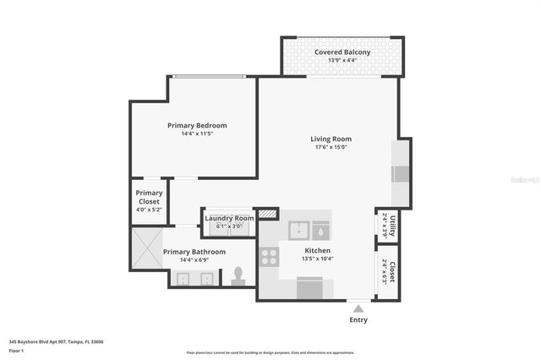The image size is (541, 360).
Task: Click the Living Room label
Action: point(331,139)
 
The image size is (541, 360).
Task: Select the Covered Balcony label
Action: point(342,52)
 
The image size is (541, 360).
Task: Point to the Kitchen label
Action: point(317,250)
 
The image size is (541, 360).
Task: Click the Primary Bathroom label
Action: point(194,252)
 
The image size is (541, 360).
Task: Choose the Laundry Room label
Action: point(229,218)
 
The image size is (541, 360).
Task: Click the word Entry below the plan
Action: point(358,320)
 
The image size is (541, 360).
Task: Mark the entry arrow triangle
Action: point(359,308)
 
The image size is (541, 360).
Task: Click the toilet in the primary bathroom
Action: point(238,275)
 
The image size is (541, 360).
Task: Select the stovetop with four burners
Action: point(270,255)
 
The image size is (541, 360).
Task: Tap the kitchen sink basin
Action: point(298,231)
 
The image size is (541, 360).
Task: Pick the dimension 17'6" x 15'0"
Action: point(331,148)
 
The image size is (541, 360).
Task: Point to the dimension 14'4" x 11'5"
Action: point(197,134)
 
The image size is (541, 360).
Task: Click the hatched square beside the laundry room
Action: point(268,214)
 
